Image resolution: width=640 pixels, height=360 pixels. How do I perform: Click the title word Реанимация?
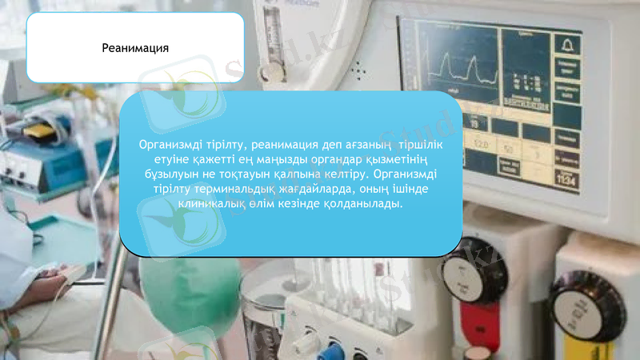tap(135, 48)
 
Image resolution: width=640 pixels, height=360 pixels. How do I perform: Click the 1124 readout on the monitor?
tap(566, 181)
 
